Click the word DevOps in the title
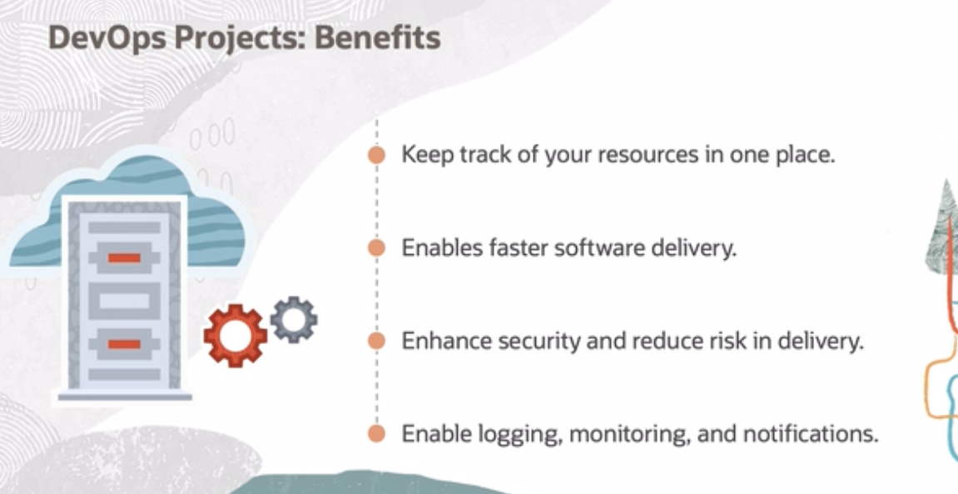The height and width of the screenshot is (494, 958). point(107,38)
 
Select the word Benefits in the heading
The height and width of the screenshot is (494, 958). point(378,37)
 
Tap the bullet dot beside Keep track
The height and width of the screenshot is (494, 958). point(377,155)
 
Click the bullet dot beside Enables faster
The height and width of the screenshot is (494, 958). point(377,247)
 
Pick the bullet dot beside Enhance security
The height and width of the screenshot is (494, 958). point(377,341)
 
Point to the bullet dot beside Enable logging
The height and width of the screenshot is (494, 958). point(377,433)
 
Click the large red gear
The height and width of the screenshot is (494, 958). point(236,336)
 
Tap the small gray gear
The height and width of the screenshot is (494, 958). point(294,319)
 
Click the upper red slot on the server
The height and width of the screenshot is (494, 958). point(124,257)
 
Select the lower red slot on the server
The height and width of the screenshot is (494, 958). point(124,344)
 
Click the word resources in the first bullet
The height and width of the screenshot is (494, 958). point(648,155)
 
